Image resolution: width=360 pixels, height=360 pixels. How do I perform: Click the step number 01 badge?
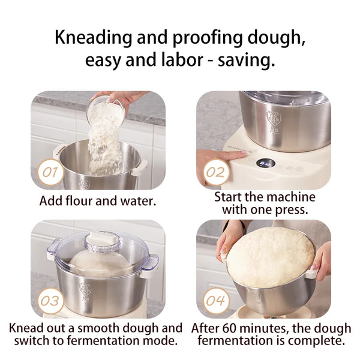point(50,172)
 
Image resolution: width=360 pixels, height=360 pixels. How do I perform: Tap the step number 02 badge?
point(215,172)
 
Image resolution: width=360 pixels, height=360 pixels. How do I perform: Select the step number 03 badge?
point(50,301)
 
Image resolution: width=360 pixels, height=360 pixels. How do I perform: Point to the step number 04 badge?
point(215,301)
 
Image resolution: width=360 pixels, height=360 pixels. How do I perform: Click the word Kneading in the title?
point(94,38)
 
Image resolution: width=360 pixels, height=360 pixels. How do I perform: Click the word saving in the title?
point(246,61)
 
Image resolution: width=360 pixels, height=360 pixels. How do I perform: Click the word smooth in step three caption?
point(98,328)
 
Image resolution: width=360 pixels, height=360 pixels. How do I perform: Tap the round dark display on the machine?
point(266,163)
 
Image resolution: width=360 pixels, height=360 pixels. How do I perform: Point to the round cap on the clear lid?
point(103,241)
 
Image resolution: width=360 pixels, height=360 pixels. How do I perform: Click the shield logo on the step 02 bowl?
point(274,118)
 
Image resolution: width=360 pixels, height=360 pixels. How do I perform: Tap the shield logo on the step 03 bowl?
point(85,290)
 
